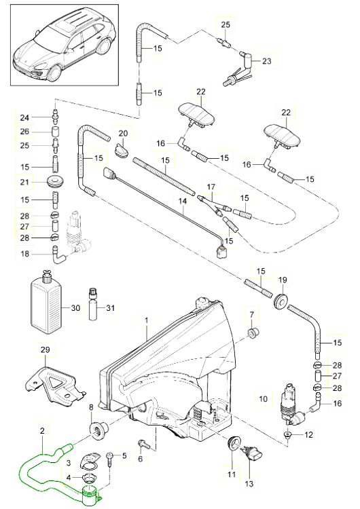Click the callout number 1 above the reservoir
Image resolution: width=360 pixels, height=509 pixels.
[145, 318]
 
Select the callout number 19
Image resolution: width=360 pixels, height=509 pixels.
[283, 279]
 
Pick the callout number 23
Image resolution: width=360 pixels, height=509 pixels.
[266, 61]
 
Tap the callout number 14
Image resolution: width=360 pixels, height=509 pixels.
[181, 202]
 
